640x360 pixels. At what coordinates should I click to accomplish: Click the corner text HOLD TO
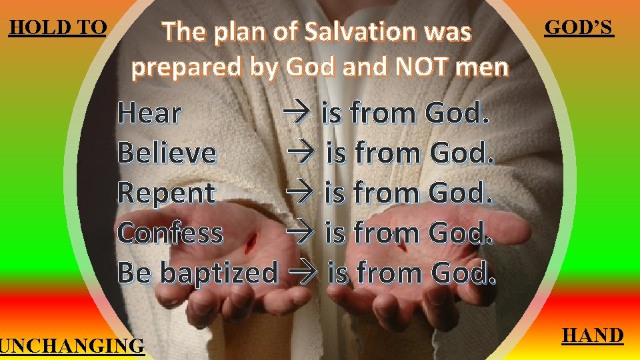(57, 27)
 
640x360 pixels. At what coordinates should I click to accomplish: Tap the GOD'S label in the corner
(579, 27)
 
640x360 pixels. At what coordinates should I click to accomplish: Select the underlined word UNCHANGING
(72, 346)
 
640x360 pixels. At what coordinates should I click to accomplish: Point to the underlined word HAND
(593, 335)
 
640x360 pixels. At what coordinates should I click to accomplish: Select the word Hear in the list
(149, 114)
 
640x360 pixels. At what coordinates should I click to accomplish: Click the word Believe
(167, 153)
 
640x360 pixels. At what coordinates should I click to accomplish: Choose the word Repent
(166, 193)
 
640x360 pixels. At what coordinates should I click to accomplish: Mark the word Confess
(169, 233)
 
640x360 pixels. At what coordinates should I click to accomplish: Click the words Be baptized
(197, 273)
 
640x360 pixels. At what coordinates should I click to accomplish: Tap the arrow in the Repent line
(304, 193)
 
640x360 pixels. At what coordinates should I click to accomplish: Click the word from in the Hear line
(382, 114)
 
